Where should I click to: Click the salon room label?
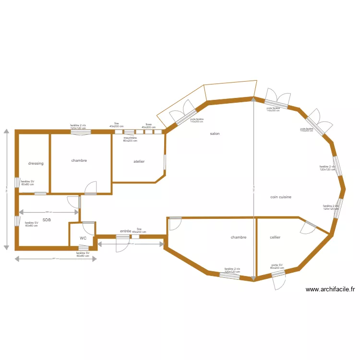[215, 134]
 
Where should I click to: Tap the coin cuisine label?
[281, 197]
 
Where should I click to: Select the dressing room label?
[36, 164]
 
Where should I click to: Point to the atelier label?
[139, 162]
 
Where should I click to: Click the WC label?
[83, 238]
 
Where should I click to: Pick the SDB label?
[47, 220]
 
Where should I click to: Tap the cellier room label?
[275, 238]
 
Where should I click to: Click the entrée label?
[126, 231]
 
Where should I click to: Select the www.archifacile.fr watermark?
[330, 289]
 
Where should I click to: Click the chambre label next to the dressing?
[79, 161]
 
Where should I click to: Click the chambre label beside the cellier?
[238, 238]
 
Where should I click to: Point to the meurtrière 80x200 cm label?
[130, 140]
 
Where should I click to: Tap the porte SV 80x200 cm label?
[277, 266]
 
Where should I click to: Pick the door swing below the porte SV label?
[279, 283]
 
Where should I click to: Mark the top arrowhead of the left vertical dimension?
[6, 131]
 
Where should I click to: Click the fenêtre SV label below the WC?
[83, 254]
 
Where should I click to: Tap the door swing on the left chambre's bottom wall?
[90, 187]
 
